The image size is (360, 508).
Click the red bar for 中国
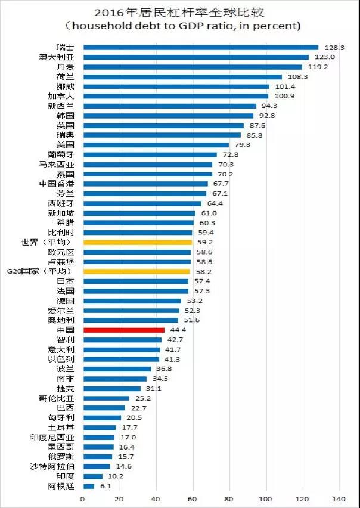(x=123, y=330)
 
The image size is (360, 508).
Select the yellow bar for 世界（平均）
(x=138, y=243)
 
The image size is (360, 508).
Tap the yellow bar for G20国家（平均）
(x=136, y=271)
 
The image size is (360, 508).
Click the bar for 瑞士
(x=201, y=47)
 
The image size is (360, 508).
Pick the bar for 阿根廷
(x=88, y=486)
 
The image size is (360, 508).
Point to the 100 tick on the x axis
(x=266, y=498)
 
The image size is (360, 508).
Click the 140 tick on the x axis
(x=339, y=498)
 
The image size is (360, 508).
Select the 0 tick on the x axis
(x=82, y=498)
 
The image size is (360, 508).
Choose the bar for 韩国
(x=168, y=116)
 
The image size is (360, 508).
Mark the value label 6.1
(x=104, y=486)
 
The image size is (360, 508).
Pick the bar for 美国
(x=156, y=145)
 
